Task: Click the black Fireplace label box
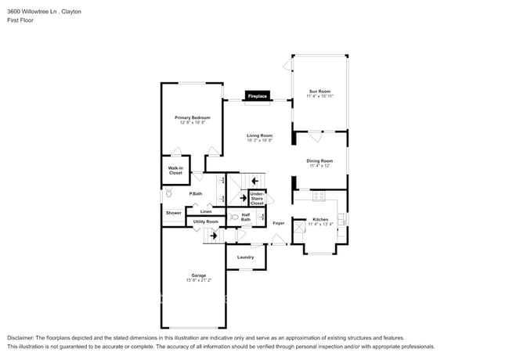pos(258,96)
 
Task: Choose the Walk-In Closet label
pos(175,171)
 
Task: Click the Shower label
pos(173,213)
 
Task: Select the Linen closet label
pos(205,212)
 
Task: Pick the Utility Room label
pos(205,221)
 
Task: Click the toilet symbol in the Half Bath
pos(234,217)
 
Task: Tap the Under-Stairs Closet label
pos(256,198)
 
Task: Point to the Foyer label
pos(278,223)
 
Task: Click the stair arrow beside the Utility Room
pos(212,235)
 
